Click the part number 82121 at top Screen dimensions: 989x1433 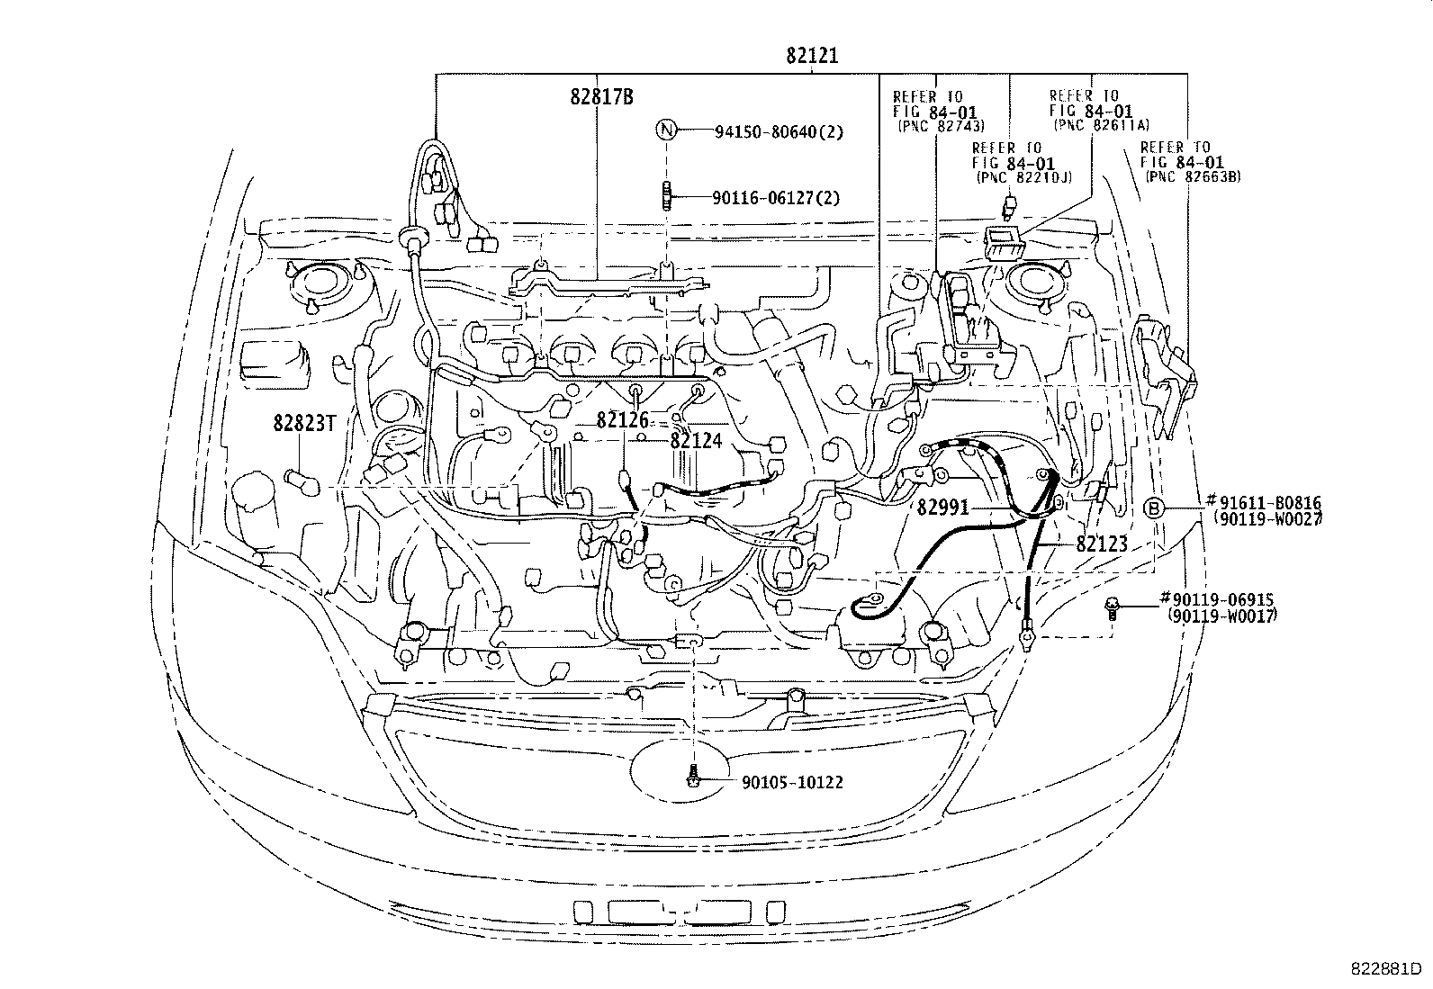click(x=811, y=56)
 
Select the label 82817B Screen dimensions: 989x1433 click(x=601, y=97)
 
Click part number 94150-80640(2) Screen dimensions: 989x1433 click(x=779, y=132)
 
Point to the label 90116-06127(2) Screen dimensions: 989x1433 click(x=775, y=197)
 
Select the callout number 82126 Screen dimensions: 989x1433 click(x=622, y=420)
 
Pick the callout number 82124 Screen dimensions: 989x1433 click(x=696, y=440)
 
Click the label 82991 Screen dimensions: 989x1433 click(x=942, y=508)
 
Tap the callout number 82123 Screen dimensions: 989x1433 click(x=1102, y=544)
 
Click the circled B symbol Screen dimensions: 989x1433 click(x=1154, y=508)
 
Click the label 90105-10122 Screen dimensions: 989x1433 click(x=792, y=782)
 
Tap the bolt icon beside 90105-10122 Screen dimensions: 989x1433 click(x=692, y=777)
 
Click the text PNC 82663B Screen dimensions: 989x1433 click(x=1193, y=177)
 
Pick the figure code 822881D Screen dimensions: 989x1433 click(x=1383, y=969)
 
